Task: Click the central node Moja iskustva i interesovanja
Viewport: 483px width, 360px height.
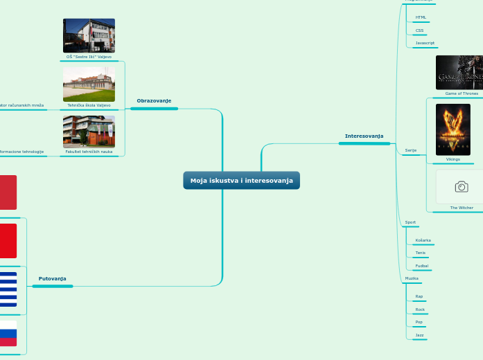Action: pyautogui.click(x=241, y=181)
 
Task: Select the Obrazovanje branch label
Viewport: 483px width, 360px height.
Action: pyautogui.click(x=154, y=101)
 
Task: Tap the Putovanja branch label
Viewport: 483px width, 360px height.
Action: pyautogui.click(x=53, y=278)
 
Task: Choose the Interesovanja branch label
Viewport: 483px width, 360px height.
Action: pyautogui.click(x=364, y=136)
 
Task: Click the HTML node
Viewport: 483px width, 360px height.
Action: pyautogui.click(x=421, y=17)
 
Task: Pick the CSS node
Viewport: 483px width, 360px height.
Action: pyautogui.click(x=419, y=30)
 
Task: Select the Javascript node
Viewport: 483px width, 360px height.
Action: pyautogui.click(x=425, y=43)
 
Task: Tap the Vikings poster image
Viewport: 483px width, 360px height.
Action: pyautogui.click(x=453, y=129)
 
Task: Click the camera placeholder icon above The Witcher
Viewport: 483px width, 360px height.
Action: pyautogui.click(x=462, y=187)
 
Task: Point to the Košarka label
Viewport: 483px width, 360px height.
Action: pyautogui.click(x=423, y=240)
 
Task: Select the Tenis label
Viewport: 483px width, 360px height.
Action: pyautogui.click(x=421, y=253)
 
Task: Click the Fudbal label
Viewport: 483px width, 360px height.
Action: pyautogui.click(x=421, y=266)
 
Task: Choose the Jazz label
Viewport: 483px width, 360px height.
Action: pyautogui.click(x=419, y=335)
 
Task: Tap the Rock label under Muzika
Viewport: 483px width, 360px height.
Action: pyautogui.click(x=420, y=309)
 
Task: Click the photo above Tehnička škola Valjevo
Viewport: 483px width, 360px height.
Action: pyautogui.click(x=89, y=84)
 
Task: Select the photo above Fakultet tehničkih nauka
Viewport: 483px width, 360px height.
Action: pyautogui.click(x=89, y=132)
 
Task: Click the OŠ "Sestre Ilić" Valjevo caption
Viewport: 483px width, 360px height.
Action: pyautogui.click(x=89, y=57)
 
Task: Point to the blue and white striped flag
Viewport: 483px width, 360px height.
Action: pyautogui.click(x=8, y=289)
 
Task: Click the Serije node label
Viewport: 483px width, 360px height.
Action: pyautogui.click(x=411, y=150)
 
